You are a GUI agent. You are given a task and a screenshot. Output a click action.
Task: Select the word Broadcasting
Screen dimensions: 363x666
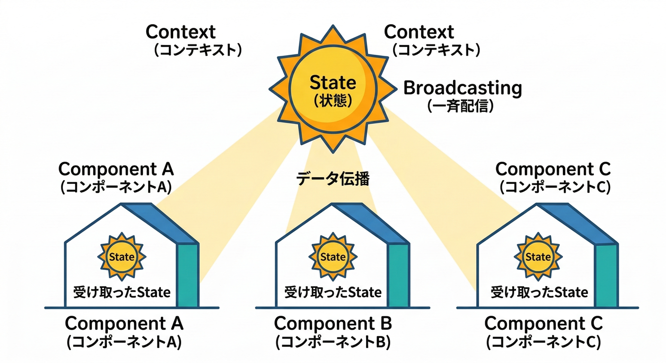coord(463,88)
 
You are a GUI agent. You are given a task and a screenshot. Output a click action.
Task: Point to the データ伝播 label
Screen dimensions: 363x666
coord(333,179)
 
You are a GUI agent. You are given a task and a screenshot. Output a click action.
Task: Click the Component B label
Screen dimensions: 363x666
coord(333,324)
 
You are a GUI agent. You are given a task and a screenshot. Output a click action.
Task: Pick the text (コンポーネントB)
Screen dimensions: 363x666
coord(333,342)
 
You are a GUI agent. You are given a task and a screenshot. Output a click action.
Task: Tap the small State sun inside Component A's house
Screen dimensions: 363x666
coord(122,257)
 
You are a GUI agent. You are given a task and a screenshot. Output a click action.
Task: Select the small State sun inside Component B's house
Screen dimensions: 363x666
coord(333,257)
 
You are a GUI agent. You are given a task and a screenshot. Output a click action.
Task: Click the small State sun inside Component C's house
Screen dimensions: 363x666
coord(538,257)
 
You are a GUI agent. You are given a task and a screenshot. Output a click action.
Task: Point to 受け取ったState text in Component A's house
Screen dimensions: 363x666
coord(122,292)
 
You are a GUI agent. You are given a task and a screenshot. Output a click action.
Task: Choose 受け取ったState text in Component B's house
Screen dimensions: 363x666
coord(333,292)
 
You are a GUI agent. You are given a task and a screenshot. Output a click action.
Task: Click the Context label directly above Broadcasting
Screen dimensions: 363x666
coord(419,32)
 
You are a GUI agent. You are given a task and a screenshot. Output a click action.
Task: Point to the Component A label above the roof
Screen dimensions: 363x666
coord(116,169)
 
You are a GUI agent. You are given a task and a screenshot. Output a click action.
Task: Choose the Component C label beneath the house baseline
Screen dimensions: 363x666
coord(543,324)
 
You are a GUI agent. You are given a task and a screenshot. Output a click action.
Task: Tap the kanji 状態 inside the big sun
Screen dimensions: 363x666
coord(333,101)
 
